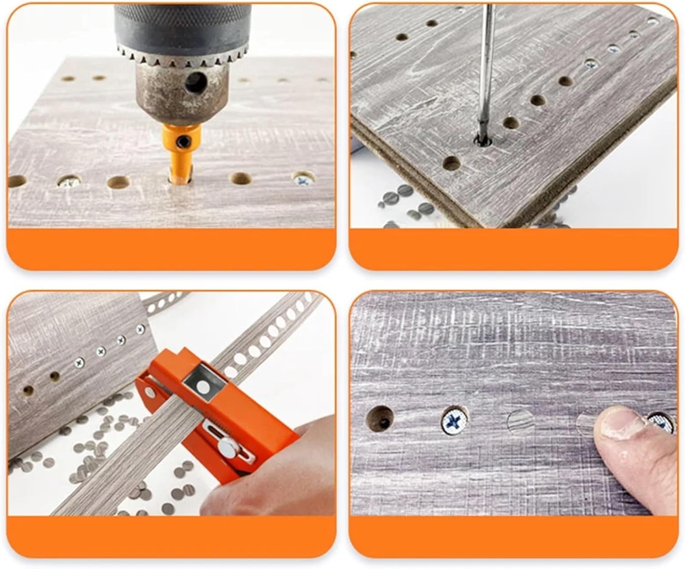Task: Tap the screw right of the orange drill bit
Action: pos(302,179)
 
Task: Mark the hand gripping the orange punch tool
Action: pos(269,475)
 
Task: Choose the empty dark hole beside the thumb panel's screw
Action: pos(381,417)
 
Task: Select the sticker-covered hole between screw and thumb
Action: pos(522,422)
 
